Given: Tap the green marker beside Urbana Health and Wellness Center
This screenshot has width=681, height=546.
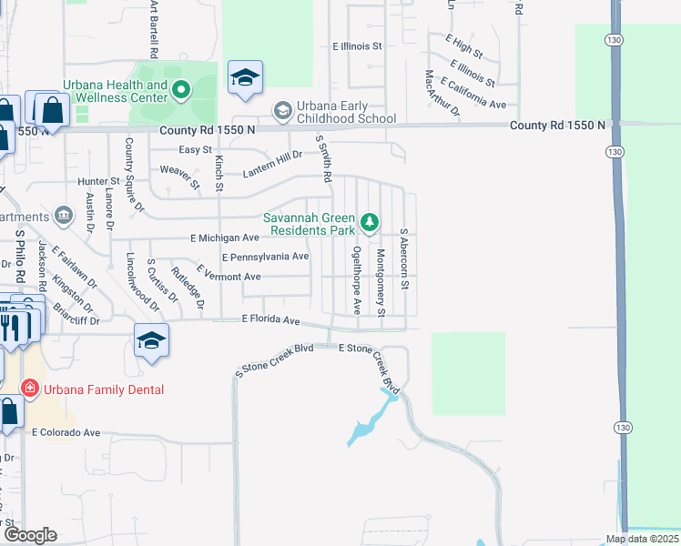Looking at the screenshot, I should point(180,88).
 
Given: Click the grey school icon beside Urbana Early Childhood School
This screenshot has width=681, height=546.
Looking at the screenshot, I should point(282,111).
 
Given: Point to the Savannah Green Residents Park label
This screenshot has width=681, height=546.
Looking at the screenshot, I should point(309,224).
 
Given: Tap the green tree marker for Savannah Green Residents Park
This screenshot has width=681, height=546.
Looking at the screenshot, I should point(369,221).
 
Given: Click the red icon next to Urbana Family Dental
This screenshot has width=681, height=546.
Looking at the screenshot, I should point(30,389).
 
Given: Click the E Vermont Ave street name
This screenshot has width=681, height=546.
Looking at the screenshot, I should point(229,276).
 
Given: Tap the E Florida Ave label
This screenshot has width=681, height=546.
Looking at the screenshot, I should point(270,320).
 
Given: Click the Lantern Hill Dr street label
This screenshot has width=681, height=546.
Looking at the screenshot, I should point(271,163).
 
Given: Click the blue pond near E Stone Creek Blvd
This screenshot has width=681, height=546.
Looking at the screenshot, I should point(365,426).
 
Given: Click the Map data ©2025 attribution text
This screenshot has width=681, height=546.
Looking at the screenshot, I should point(641,539).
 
